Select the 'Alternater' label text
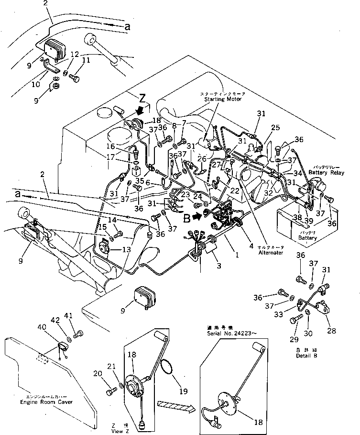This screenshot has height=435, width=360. (x=271, y=252)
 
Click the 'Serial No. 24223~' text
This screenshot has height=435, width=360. (x=228, y=331)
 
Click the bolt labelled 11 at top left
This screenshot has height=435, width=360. (x=75, y=76)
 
